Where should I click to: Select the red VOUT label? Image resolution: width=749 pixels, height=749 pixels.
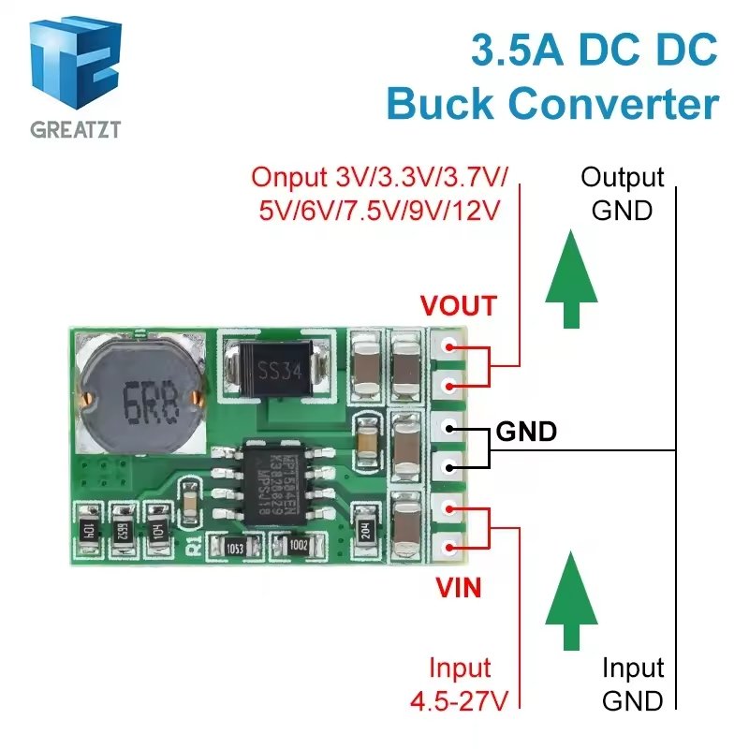[x=459, y=306]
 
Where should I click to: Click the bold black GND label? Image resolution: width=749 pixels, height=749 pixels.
[x=526, y=432]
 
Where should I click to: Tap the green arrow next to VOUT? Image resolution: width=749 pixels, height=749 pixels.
[x=571, y=282]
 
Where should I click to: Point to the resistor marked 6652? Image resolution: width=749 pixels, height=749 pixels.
[x=122, y=529]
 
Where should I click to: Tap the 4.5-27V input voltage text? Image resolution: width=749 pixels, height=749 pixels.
[x=460, y=698]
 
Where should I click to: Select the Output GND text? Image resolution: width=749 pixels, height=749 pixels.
[x=622, y=193]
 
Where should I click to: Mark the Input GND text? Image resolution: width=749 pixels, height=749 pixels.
[x=633, y=684]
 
